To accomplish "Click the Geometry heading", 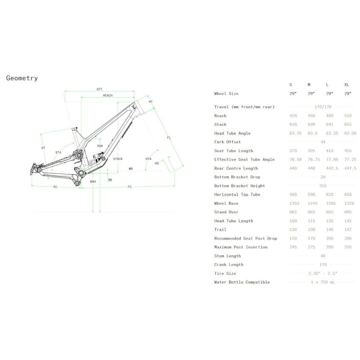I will (x=22, y=78).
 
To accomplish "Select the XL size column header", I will (x=347, y=85).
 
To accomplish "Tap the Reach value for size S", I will (x=294, y=116).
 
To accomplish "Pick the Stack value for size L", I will (x=330, y=125).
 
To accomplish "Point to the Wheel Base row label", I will (x=226, y=203).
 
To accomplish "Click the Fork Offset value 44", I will (x=323, y=142).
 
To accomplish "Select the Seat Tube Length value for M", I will (x=312, y=151).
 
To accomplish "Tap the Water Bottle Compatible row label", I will (x=242, y=282).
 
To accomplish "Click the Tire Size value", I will (x=323, y=274).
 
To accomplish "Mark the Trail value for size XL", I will (x=348, y=229).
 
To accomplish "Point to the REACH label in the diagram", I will (x=108, y=95).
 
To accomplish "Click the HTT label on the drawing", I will (x=99, y=89).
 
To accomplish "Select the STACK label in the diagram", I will (x=118, y=159).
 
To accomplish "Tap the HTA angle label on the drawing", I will (x=148, y=159).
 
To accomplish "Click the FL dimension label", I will (x=169, y=138).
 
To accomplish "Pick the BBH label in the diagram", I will (x=93, y=181).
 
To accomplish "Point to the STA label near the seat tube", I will (x=58, y=153).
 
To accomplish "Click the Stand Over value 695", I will (x=348, y=212).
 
